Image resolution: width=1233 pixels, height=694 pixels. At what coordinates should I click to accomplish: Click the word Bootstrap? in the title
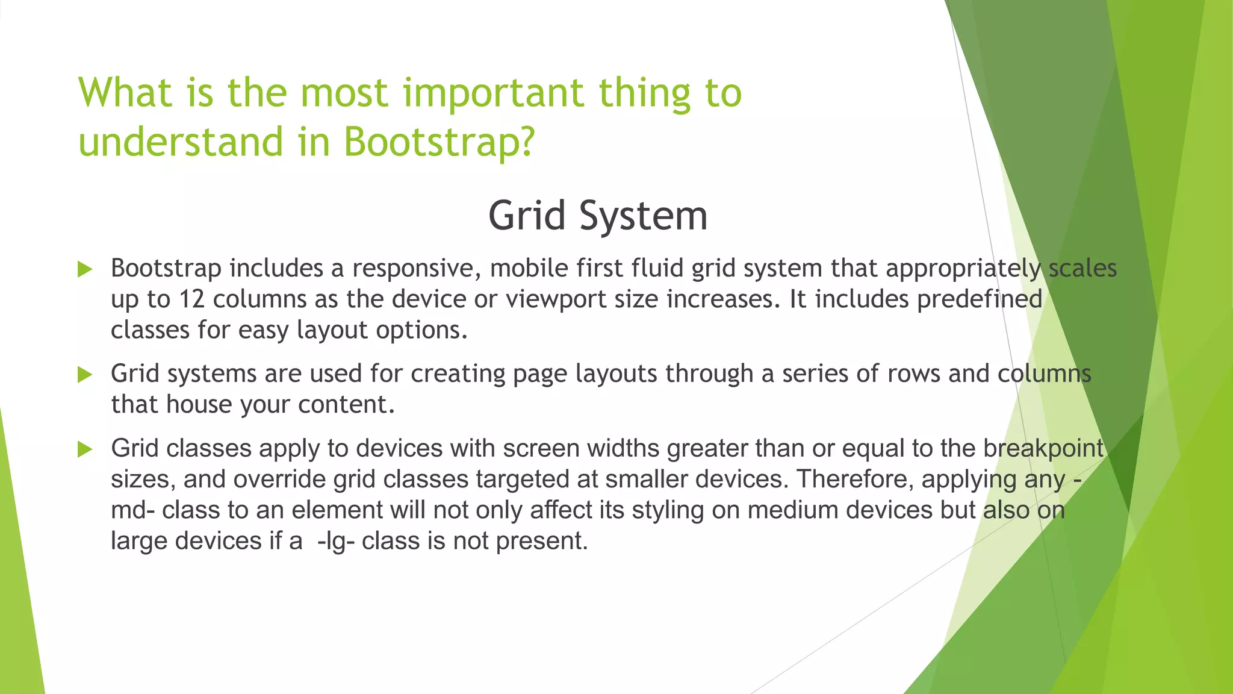pyautogui.click(x=439, y=142)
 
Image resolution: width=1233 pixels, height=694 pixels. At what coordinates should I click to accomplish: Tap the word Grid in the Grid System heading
pyautogui.click(x=527, y=216)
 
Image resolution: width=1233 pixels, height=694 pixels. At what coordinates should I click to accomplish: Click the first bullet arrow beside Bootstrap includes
pyautogui.click(x=85, y=269)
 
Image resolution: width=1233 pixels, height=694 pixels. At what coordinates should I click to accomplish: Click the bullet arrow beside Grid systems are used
pyautogui.click(x=85, y=375)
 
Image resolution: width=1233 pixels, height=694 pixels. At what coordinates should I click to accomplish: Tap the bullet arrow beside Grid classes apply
pyautogui.click(x=85, y=449)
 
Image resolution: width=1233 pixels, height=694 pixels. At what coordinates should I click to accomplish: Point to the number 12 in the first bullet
pyautogui.click(x=192, y=299)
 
